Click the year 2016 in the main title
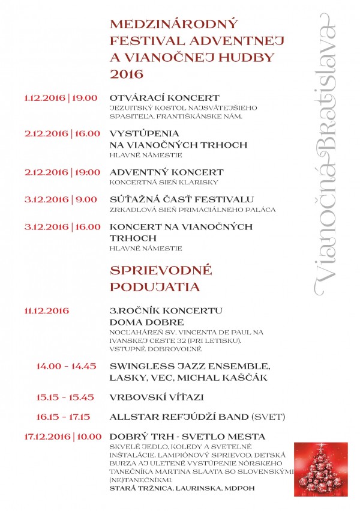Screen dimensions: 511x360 click(127, 74)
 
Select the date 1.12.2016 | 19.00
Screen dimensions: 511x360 click(61, 97)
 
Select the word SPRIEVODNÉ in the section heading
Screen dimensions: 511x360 click(152, 270)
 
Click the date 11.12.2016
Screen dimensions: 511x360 click(47, 310)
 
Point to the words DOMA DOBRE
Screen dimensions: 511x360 click(138, 322)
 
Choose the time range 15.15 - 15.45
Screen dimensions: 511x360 click(66, 398)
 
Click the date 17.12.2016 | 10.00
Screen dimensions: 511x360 click(63, 436)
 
